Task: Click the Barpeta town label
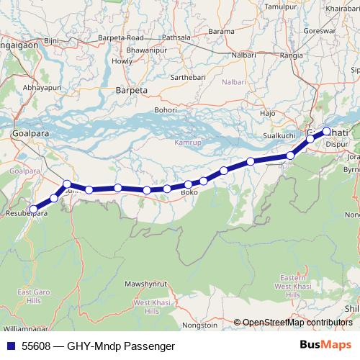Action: click(131, 91)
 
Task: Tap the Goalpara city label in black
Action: click(30, 134)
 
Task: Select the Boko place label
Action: click(189, 193)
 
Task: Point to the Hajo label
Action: click(268, 114)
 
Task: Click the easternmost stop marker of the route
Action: click(326, 131)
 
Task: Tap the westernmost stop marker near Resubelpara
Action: click(33, 209)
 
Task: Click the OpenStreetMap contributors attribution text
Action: click(297, 323)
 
